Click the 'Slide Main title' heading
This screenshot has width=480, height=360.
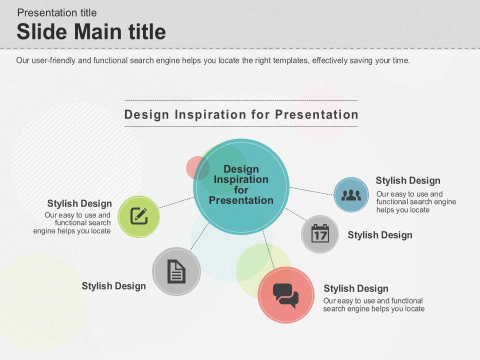(91, 31)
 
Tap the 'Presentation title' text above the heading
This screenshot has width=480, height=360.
(57, 13)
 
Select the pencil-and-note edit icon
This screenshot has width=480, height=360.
(139, 216)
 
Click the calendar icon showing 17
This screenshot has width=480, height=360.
(320, 233)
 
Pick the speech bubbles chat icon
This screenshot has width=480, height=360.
(285, 295)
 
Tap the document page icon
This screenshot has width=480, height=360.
(176, 271)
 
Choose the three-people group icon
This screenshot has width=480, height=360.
(351, 195)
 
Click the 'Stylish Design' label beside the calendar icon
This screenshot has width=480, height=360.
(380, 235)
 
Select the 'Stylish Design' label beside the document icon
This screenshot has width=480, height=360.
(113, 286)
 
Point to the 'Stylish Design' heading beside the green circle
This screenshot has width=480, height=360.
(79, 203)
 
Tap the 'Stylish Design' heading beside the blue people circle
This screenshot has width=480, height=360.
(408, 180)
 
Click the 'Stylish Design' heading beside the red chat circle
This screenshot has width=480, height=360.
(356, 288)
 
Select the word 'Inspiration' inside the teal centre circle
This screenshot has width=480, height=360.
(241, 179)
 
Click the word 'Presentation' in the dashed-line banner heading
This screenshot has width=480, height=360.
(316, 114)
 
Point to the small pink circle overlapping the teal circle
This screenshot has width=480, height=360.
(198, 168)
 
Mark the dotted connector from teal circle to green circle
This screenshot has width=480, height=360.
(176, 202)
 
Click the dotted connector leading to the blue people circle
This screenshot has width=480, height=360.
(311, 191)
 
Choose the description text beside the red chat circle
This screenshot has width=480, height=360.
(374, 304)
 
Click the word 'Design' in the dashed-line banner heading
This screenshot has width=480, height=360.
(146, 115)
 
